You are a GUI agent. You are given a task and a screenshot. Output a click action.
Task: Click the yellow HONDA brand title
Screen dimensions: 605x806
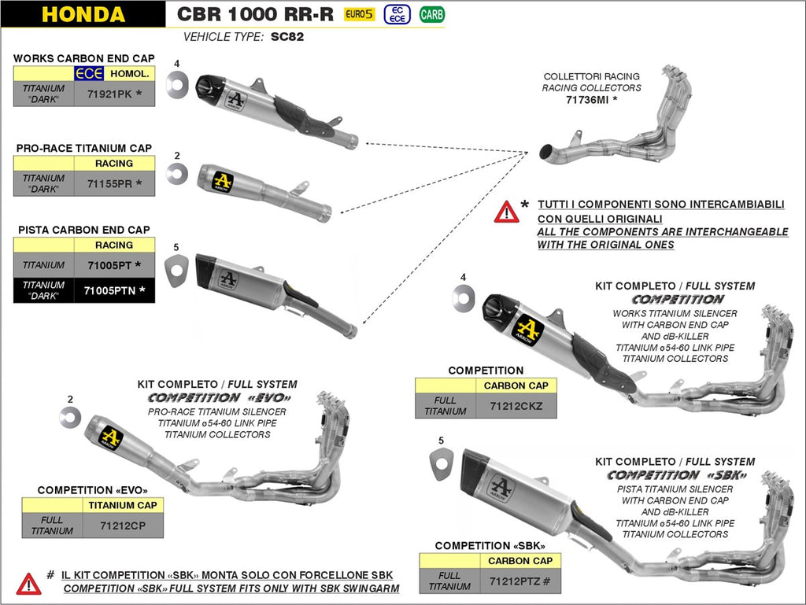click(x=83, y=14)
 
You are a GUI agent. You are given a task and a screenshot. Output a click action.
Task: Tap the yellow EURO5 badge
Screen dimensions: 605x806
click(x=359, y=14)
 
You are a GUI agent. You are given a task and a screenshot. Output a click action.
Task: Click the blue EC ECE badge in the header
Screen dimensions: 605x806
click(x=397, y=14)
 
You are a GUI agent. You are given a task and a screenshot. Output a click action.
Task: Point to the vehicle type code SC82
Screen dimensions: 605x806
click(x=287, y=36)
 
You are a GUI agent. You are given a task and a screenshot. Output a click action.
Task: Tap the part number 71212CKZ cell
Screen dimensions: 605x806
click(x=516, y=406)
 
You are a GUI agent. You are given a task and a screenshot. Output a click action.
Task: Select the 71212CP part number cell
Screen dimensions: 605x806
click(x=122, y=525)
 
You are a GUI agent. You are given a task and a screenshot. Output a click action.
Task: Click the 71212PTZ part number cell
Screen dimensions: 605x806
click(x=519, y=581)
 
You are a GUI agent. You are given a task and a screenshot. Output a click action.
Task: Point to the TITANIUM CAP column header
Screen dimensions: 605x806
click(x=122, y=505)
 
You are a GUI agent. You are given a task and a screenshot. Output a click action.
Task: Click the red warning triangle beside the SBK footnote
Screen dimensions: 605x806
click(x=29, y=582)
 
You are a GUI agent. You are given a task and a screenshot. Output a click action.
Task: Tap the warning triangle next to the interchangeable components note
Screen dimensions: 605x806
click(x=506, y=212)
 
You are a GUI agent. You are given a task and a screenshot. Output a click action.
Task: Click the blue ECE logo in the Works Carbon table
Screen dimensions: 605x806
click(x=89, y=74)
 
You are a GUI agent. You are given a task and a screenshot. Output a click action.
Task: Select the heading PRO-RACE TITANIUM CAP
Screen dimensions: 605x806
click(x=83, y=148)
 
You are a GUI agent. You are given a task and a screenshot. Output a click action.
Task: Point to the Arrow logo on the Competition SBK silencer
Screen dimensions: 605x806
click(x=501, y=489)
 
